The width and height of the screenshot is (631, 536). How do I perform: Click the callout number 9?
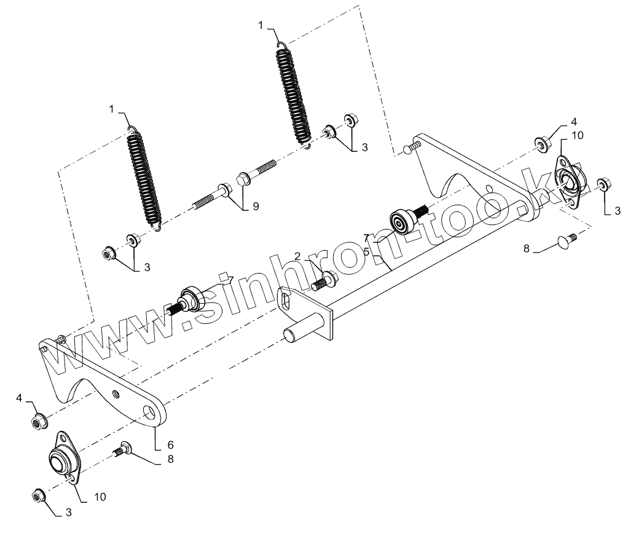point(255,207)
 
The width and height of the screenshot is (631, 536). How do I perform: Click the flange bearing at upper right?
point(569,181)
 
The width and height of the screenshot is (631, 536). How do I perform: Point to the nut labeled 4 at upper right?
point(542,144)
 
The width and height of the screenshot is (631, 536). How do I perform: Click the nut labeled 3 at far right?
point(603,184)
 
